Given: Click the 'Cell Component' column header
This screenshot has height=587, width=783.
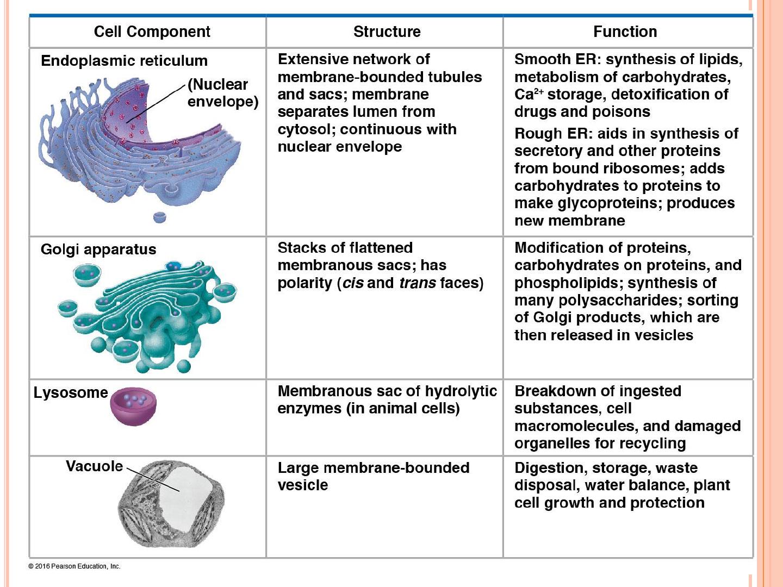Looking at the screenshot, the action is click(x=152, y=32).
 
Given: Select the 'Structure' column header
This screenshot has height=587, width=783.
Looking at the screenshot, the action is click(x=387, y=32).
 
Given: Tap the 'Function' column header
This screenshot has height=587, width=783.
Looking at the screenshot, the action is click(x=625, y=32).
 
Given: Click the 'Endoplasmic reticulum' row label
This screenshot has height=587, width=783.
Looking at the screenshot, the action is click(x=124, y=60).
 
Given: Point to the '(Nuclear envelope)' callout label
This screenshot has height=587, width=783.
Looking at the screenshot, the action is click(x=223, y=93).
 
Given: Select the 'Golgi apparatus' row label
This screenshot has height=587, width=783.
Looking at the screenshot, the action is click(x=98, y=249).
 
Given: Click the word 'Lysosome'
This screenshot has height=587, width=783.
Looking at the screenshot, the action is click(x=71, y=393).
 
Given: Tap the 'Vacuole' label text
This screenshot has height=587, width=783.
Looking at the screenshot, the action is click(x=94, y=466).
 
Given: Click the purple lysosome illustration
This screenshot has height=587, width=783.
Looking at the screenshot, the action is click(x=133, y=407).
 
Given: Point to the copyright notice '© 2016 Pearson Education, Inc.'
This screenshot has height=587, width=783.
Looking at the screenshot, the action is click(x=74, y=566).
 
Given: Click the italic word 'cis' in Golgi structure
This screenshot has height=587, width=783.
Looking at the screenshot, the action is click(x=353, y=283).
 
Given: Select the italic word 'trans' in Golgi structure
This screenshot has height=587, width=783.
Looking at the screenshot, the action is click(x=418, y=283).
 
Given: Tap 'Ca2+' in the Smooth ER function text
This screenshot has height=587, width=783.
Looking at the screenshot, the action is click(x=529, y=95).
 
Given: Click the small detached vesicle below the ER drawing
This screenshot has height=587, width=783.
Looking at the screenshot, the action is click(x=159, y=217).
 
